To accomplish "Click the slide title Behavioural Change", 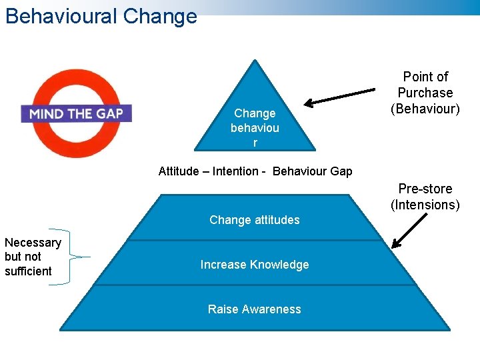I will pos(101,15).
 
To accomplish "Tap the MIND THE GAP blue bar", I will pos(76,113).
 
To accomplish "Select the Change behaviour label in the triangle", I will pos(255,128).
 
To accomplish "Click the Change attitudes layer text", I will pos(255,220).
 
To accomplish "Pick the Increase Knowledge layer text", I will pos(255,265).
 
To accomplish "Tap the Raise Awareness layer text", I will pos(255,309).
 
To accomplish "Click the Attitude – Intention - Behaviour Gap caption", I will pos(255,171).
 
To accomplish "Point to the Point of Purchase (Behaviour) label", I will pos(425,93).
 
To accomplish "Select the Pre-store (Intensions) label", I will pos(425,197).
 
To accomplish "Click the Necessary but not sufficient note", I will pos(32,257).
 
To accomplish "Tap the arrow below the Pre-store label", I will pos(409,231).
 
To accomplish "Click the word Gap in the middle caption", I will pos(340,171).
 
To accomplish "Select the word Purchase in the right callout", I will pos(425,93).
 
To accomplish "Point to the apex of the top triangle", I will pos(254,62).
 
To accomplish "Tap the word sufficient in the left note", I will pos(28,271).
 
